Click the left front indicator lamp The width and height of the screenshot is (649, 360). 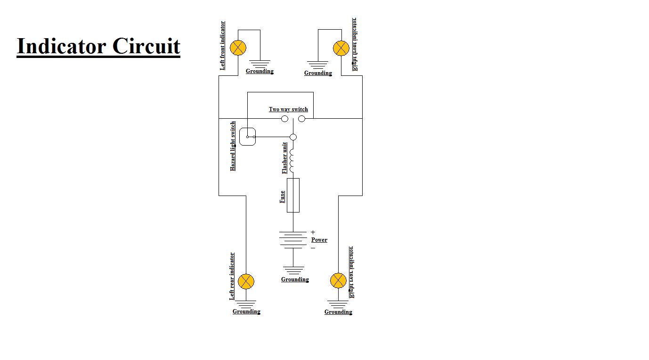(x=238, y=48)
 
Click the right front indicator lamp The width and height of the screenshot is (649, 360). (x=341, y=48)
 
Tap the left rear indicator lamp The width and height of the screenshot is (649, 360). (x=246, y=282)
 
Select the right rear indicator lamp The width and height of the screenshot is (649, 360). (x=338, y=280)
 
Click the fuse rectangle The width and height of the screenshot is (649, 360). (x=293, y=195)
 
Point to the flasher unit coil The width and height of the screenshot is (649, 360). (x=292, y=160)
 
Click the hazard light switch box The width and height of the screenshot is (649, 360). (x=247, y=137)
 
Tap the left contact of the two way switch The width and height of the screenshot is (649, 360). (x=284, y=119)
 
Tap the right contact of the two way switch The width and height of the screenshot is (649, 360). (x=302, y=119)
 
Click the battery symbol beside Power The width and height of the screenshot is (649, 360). (x=293, y=239)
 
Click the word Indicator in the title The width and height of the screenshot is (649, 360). (x=61, y=47)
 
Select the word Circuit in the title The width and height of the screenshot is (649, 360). (x=146, y=47)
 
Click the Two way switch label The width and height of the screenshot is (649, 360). (x=288, y=109)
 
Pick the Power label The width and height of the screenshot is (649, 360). (x=319, y=240)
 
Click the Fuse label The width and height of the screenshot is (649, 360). (x=282, y=196)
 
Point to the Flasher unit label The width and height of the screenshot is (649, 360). (x=284, y=158)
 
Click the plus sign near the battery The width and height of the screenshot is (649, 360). (x=313, y=232)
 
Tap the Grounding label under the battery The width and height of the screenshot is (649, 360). (x=295, y=279)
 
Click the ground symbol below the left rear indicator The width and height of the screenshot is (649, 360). (x=246, y=304)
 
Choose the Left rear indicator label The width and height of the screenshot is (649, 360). (x=232, y=276)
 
